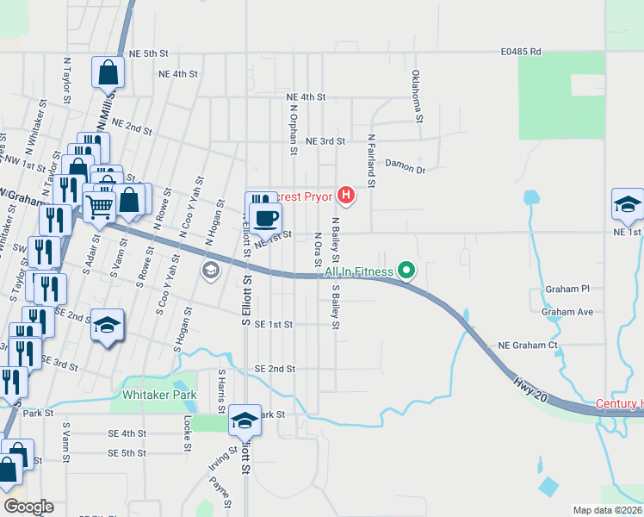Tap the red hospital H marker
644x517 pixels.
[x=345, y=196]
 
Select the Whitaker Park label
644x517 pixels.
[x=159, y=396]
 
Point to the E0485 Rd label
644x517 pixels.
[x=522, y=52]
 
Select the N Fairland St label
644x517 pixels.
[x=371, y=160]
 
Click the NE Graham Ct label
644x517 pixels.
[x=529, y=346]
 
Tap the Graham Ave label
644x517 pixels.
[x=568, y=312]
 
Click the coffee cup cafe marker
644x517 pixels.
[x=267, y=216]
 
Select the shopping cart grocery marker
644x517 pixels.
[x=99, y=207]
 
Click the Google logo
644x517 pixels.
[x=28, y=507]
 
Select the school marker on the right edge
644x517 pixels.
[x=628, y=204]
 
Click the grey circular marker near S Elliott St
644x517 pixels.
[x=210, y=271]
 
